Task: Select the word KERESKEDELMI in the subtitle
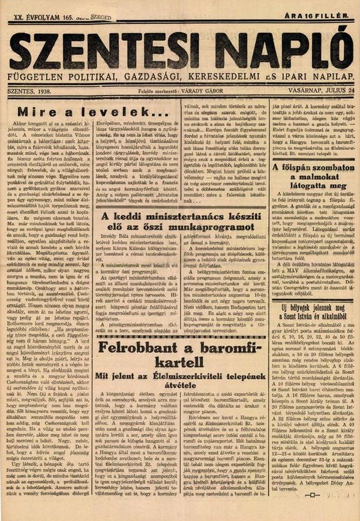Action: [x=226, y=77]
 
